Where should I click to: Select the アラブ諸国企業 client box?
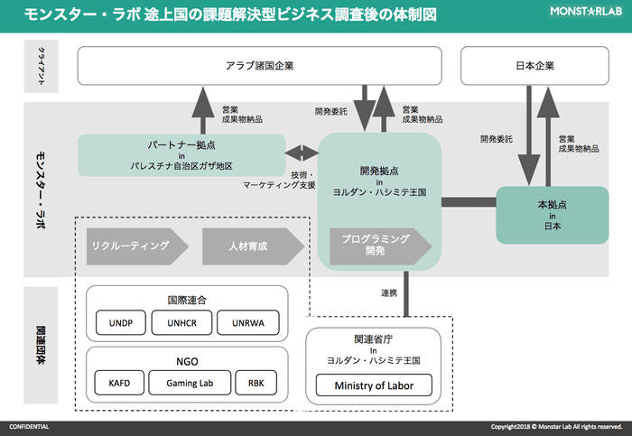click(259, 65)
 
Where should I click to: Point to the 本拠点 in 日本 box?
click(552, 215)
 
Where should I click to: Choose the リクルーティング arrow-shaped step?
click(135, 245)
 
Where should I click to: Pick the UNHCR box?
click(188, 323)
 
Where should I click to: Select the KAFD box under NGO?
click(118, 383)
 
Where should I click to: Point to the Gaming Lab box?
click(187, 383)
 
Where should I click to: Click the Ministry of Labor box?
click(373, 387)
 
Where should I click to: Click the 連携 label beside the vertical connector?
click(388, 293)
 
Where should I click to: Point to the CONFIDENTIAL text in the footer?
click(29, 426)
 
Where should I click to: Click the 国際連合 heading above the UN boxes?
click(187, 299)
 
